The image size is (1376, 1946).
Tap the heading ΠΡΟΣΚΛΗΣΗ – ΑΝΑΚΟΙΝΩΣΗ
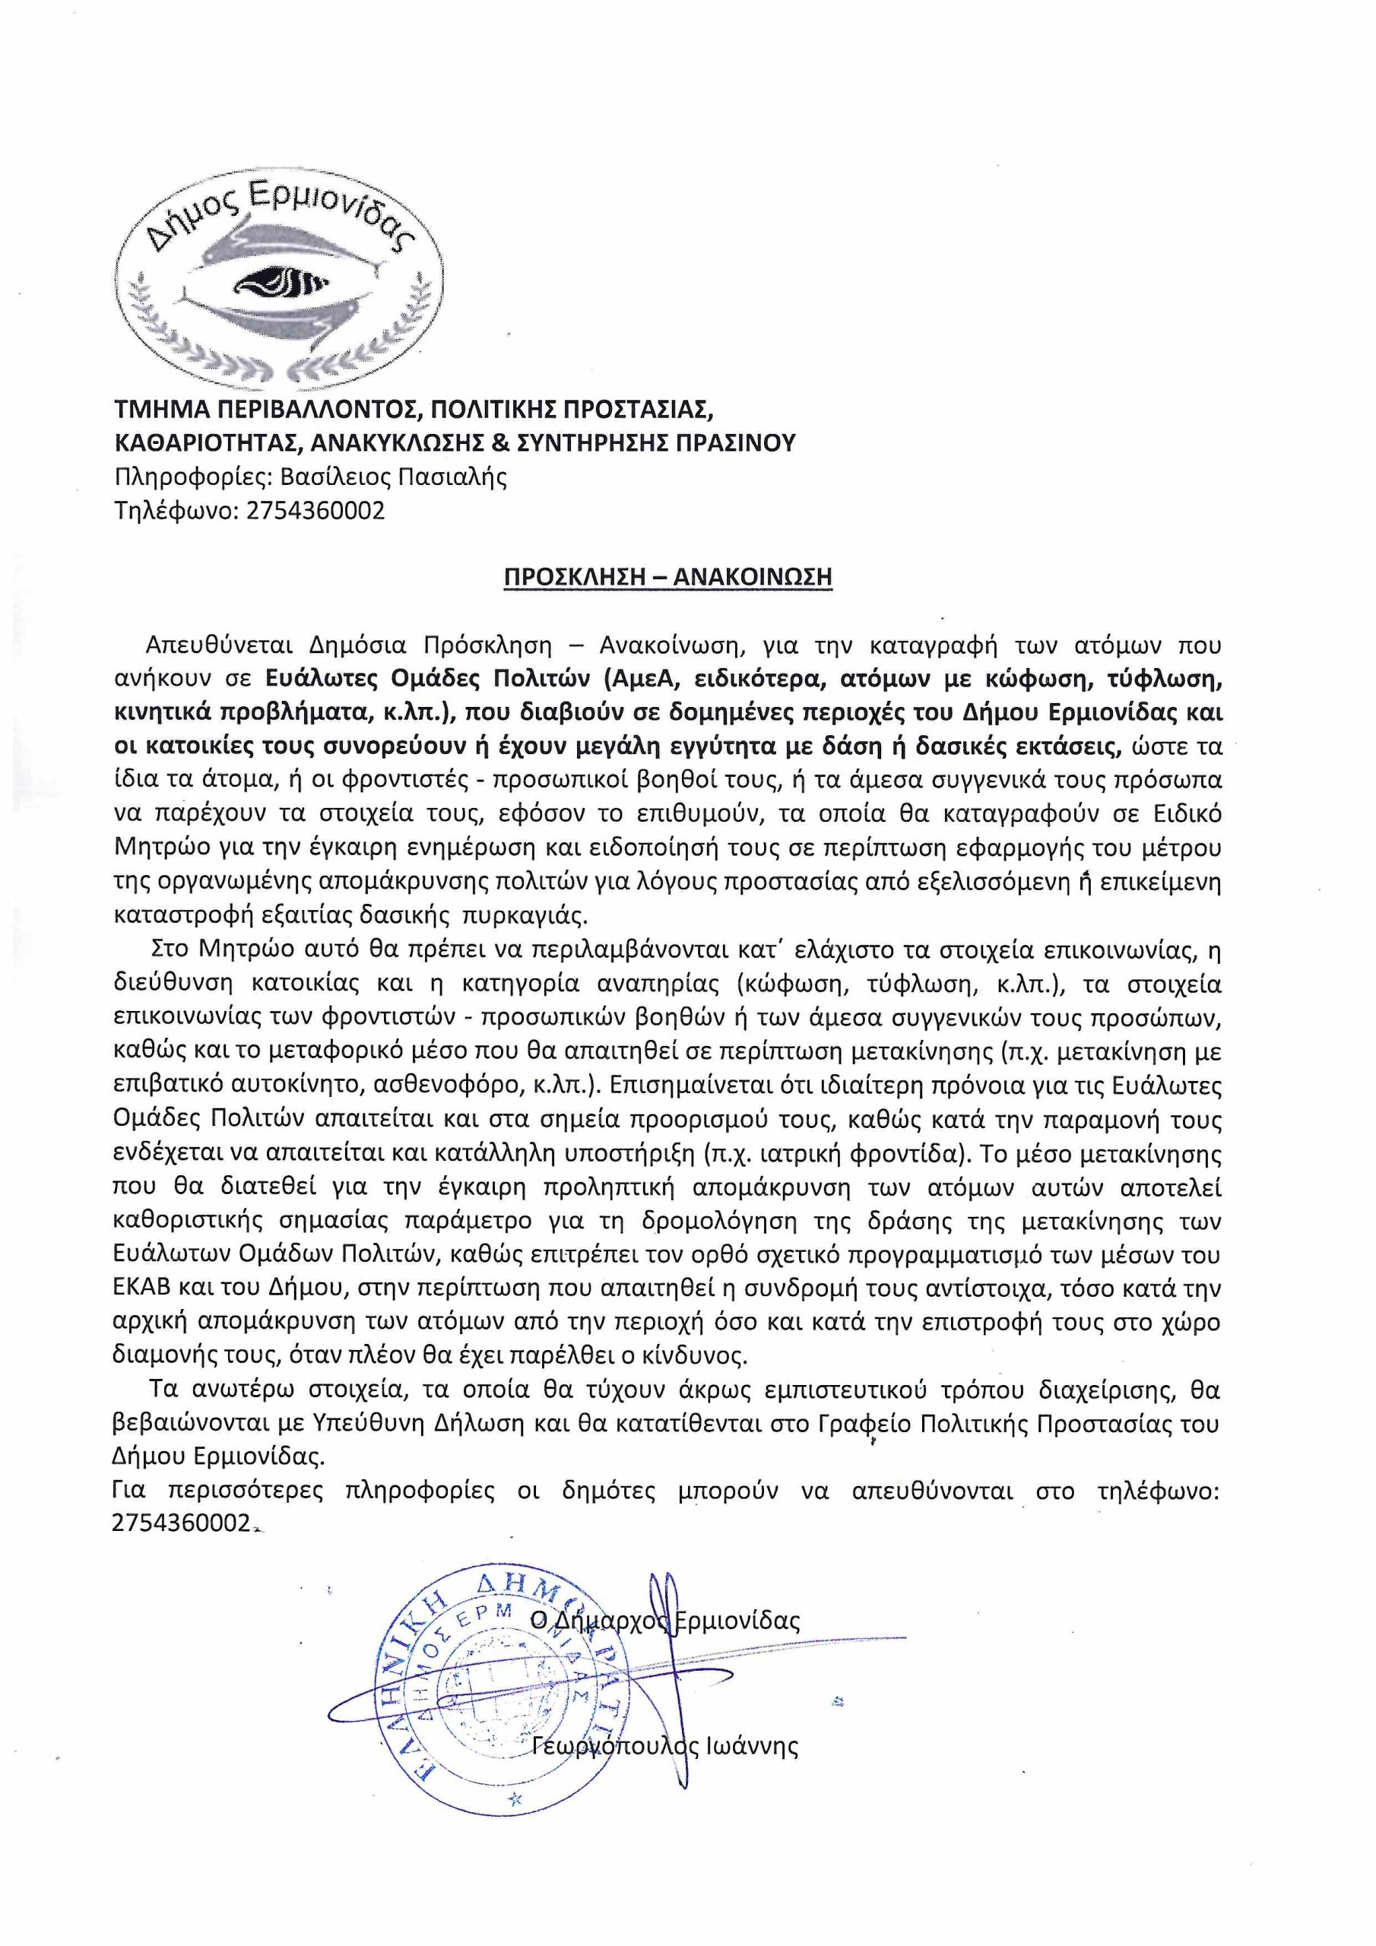(667, 576)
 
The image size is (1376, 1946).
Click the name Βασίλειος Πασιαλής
(393, 477)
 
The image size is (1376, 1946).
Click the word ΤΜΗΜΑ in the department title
(156, 410)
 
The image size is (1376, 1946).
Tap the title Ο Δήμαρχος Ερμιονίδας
(665, 1621)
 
